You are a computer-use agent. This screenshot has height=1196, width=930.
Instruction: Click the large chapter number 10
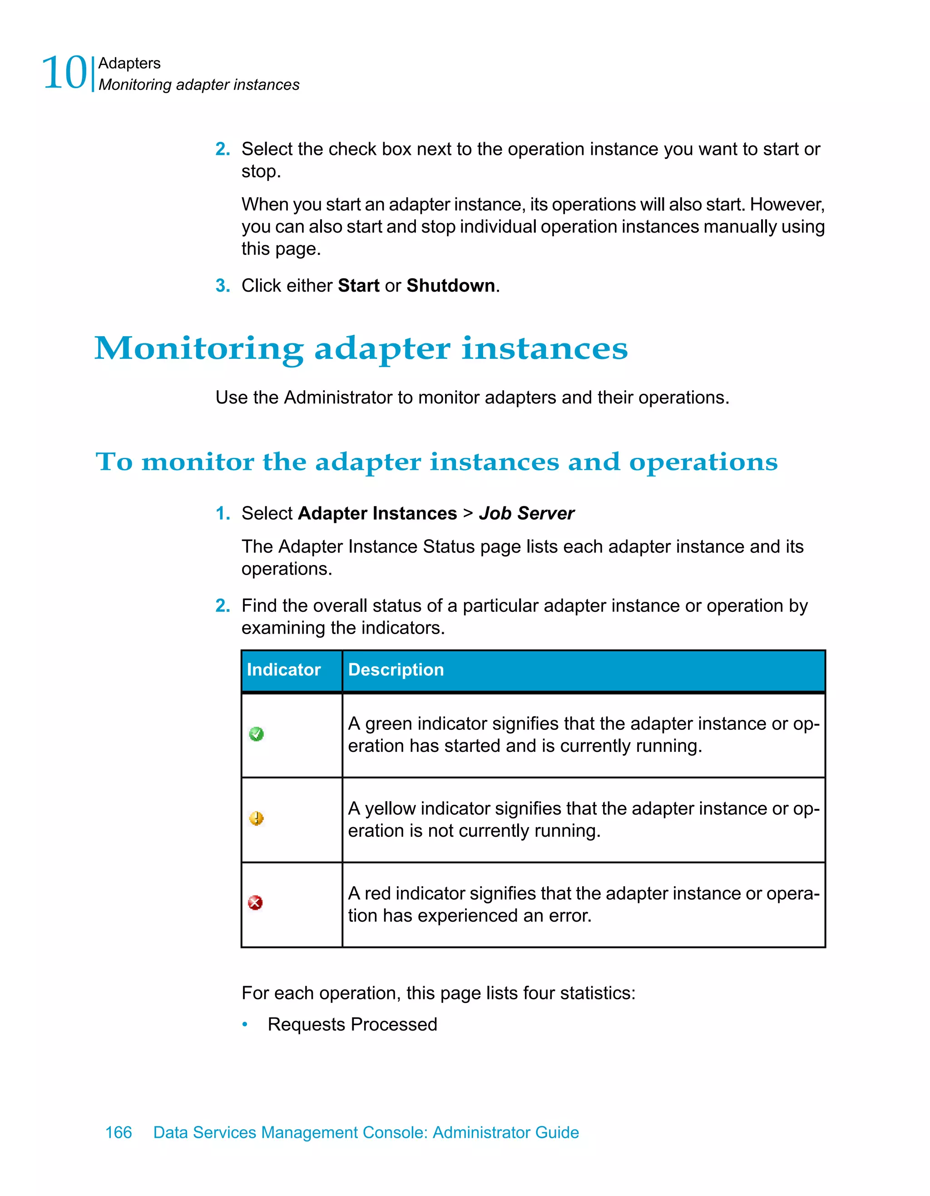[x=64, y=74]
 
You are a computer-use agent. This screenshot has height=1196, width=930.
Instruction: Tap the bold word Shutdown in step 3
[x=450, y=286]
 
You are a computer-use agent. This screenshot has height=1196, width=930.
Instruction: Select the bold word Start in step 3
[x=359, y=286]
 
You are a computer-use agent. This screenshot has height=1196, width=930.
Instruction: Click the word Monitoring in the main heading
[x=199, y=349]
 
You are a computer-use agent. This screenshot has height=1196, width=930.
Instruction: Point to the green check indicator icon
[x=256, y=734]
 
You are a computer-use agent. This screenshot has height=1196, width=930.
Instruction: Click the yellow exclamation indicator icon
[x=256, y=819]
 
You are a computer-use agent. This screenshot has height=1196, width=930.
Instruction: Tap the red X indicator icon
[x=255, y=903]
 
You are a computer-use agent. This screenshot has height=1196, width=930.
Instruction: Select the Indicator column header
[x=283, y=670]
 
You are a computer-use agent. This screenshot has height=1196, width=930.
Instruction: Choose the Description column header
[x=396, y=670]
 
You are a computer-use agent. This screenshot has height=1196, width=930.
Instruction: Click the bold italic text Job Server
[x=527, y=514]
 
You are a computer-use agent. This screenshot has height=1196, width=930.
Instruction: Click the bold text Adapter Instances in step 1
[x=377, y=514]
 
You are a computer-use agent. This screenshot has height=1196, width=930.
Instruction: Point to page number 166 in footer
[x=118, y=1132]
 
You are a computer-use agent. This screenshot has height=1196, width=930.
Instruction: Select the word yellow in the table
[x=390, y=809]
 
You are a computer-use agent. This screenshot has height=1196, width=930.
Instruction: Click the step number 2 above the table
[x=222, y=605]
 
